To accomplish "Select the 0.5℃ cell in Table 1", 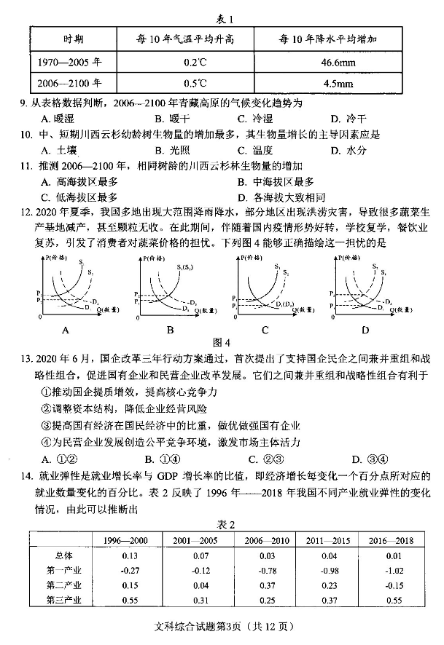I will [x=192, y=83].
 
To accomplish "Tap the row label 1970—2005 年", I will [x=73, y=63].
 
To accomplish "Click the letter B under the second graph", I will [x=170, y=331].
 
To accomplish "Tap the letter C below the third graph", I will [x=265, y=331].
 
